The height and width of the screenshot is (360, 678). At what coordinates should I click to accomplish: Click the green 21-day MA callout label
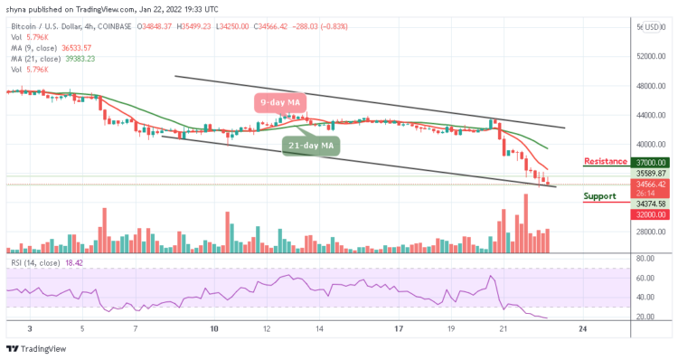(310, 144)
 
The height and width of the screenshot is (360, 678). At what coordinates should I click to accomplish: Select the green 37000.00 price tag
(651, 163)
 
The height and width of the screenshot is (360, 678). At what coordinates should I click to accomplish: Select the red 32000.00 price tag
(651, 216)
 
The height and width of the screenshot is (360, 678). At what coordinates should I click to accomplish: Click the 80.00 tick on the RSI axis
(647, 258)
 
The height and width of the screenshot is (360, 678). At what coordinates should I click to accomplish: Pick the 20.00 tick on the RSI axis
(647, 317)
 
